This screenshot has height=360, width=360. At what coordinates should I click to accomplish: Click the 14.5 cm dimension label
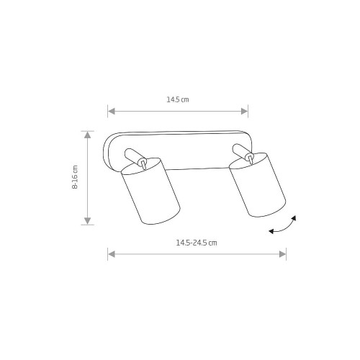point(178,99)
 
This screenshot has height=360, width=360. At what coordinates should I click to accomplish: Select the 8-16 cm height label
point(75,177)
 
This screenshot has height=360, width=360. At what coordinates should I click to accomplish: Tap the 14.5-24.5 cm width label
point(197,243)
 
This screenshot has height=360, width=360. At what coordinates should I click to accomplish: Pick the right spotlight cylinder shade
point(257,185)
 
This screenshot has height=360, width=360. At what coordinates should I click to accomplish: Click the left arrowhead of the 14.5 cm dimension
point(112,111)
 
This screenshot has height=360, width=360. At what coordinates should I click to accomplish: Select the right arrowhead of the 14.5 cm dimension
point(244,111)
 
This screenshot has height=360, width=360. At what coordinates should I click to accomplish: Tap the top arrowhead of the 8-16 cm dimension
point(88,135)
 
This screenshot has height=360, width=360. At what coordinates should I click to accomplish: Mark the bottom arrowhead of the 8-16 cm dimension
point(88,221)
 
